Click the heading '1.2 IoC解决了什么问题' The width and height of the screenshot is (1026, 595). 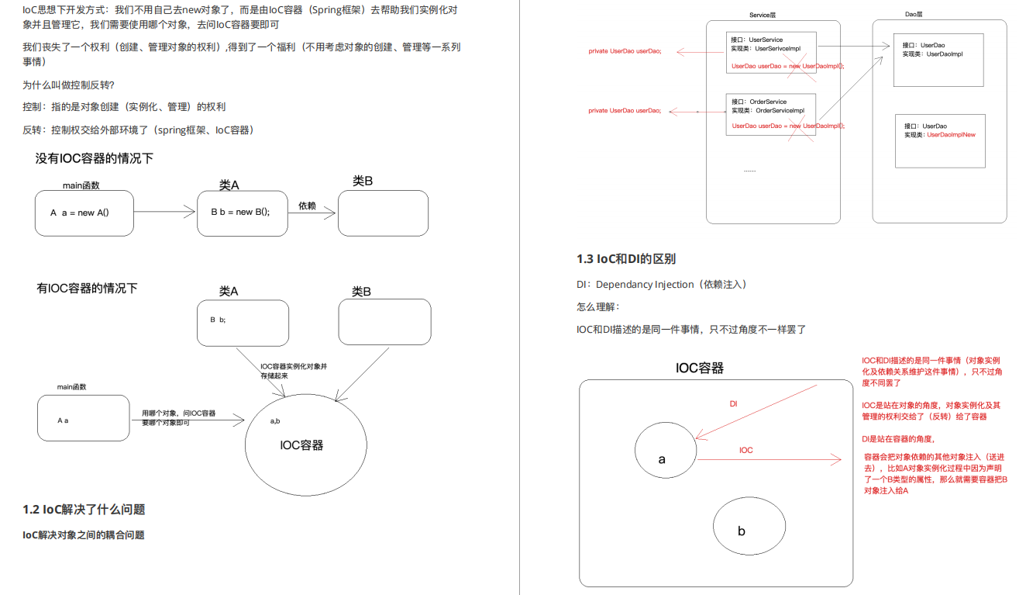pyautogui.click(x=84, y=510)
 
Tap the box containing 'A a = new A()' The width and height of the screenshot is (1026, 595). pyautogui.click(x=84, y=213)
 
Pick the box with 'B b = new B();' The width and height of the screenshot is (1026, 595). pyautogui.click(x=242, y=213)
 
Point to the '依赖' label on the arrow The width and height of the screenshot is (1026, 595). pyautogui.click(x=307, y=206)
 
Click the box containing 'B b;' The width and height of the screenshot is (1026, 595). pyautogui.click(x=243, y=323)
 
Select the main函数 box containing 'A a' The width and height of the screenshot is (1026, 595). pyautogui.click(x=83, y=418)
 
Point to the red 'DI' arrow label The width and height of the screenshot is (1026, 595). pyautogui.click(x=733, y=405)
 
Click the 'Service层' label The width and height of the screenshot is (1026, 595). pyautogui.click(x=763, y=16)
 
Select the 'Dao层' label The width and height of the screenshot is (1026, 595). pyautogui.click(x=914, y=15)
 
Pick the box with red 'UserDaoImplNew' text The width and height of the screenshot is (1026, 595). pyautogui.click(x=940, y=140)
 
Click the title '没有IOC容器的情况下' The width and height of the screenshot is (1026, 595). pyautogui.click(x=95, y=159)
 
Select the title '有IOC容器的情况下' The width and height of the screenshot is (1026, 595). pyautogui.click(x=87, y=289)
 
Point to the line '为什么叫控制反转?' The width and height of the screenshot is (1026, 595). pyautogui.click(x=69, y=85)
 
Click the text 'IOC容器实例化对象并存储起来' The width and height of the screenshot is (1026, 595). pyautogui.click(x=293, y=371)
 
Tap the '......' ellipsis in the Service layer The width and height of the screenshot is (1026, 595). pyautogui.click(x=749, y=169)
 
